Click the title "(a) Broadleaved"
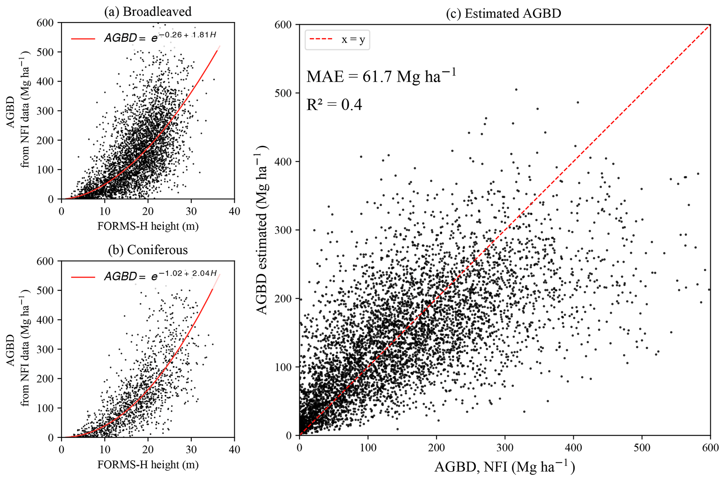[148, 12]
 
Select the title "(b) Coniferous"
[148, 250]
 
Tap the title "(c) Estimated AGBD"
[504, 14]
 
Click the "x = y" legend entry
[353, 40]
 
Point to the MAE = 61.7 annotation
[381, 76]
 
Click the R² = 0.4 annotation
[334, 105]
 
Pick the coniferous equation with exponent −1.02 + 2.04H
[160, 276]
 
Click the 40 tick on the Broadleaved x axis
[234, 211]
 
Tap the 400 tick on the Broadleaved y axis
[45, 82]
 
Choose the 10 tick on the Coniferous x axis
[105, 450]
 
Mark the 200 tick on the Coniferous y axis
[45, 379]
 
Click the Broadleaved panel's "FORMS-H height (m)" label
[148, 226]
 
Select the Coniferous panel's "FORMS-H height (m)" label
[148, 465]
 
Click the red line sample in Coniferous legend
[83, 277]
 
